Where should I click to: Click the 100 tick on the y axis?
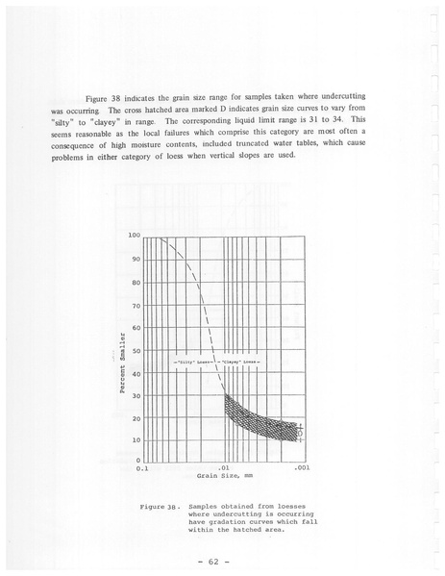coord(135,235)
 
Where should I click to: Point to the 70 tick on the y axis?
coord(136,305)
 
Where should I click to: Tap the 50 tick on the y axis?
coord(136,351)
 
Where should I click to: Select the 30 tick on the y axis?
coord(136,396)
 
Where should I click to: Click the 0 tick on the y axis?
coord(139,461)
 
